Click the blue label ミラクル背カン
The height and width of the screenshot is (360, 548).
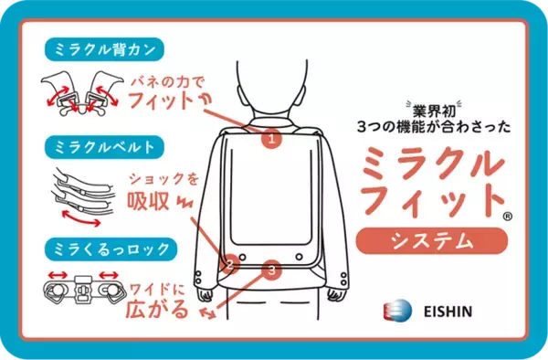click(104, 49)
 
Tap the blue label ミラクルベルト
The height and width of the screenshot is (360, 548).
click(104, 147)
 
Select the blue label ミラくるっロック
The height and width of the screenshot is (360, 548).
click(111, 249)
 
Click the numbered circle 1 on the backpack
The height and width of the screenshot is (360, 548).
click(272, 139)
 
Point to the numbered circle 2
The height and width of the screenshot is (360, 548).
click(229, 264)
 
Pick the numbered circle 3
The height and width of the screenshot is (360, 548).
click(272, 270)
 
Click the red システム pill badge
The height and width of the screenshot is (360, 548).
click(432, 241)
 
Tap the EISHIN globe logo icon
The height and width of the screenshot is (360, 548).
click(397, 310)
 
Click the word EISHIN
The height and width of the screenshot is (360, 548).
click(448, 312)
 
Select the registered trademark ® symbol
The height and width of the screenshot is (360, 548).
click(508, 217)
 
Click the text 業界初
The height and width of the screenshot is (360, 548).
click(434, 111)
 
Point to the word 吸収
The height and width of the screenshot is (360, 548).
click(148, 201)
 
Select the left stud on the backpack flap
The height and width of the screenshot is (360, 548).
click(242, 257)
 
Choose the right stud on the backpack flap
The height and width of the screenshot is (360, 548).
click(299, 257)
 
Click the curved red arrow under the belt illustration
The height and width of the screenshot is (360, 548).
click(81, 218)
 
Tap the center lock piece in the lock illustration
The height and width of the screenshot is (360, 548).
click(83, 290)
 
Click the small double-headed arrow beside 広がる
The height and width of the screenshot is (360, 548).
click(207, 312)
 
